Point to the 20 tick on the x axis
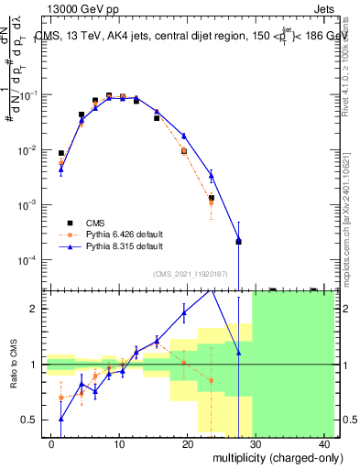(187, 436)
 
